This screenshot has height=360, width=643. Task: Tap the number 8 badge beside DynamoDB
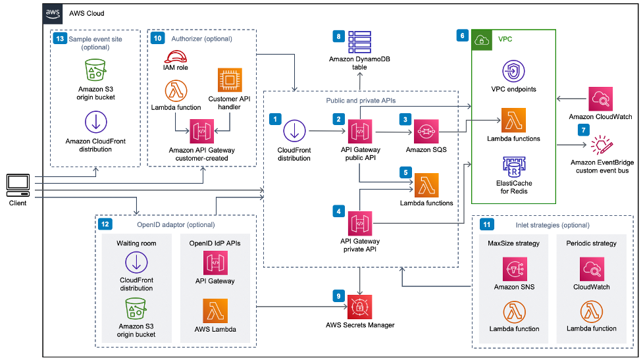tap(338, 37)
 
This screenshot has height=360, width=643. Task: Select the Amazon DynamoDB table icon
tap(360, 41)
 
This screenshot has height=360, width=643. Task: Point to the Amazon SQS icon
tap(426, 131)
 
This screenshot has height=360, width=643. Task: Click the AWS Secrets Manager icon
tap(360, 307)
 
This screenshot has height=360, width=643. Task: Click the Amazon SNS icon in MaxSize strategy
tap(514, 269)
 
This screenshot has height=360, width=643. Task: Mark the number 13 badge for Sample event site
tap(60, 39)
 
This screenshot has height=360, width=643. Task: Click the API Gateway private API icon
tap(360, 223)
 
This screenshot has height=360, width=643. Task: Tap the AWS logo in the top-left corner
tap(53, 13)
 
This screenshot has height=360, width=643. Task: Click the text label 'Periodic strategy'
tap(591, 244)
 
